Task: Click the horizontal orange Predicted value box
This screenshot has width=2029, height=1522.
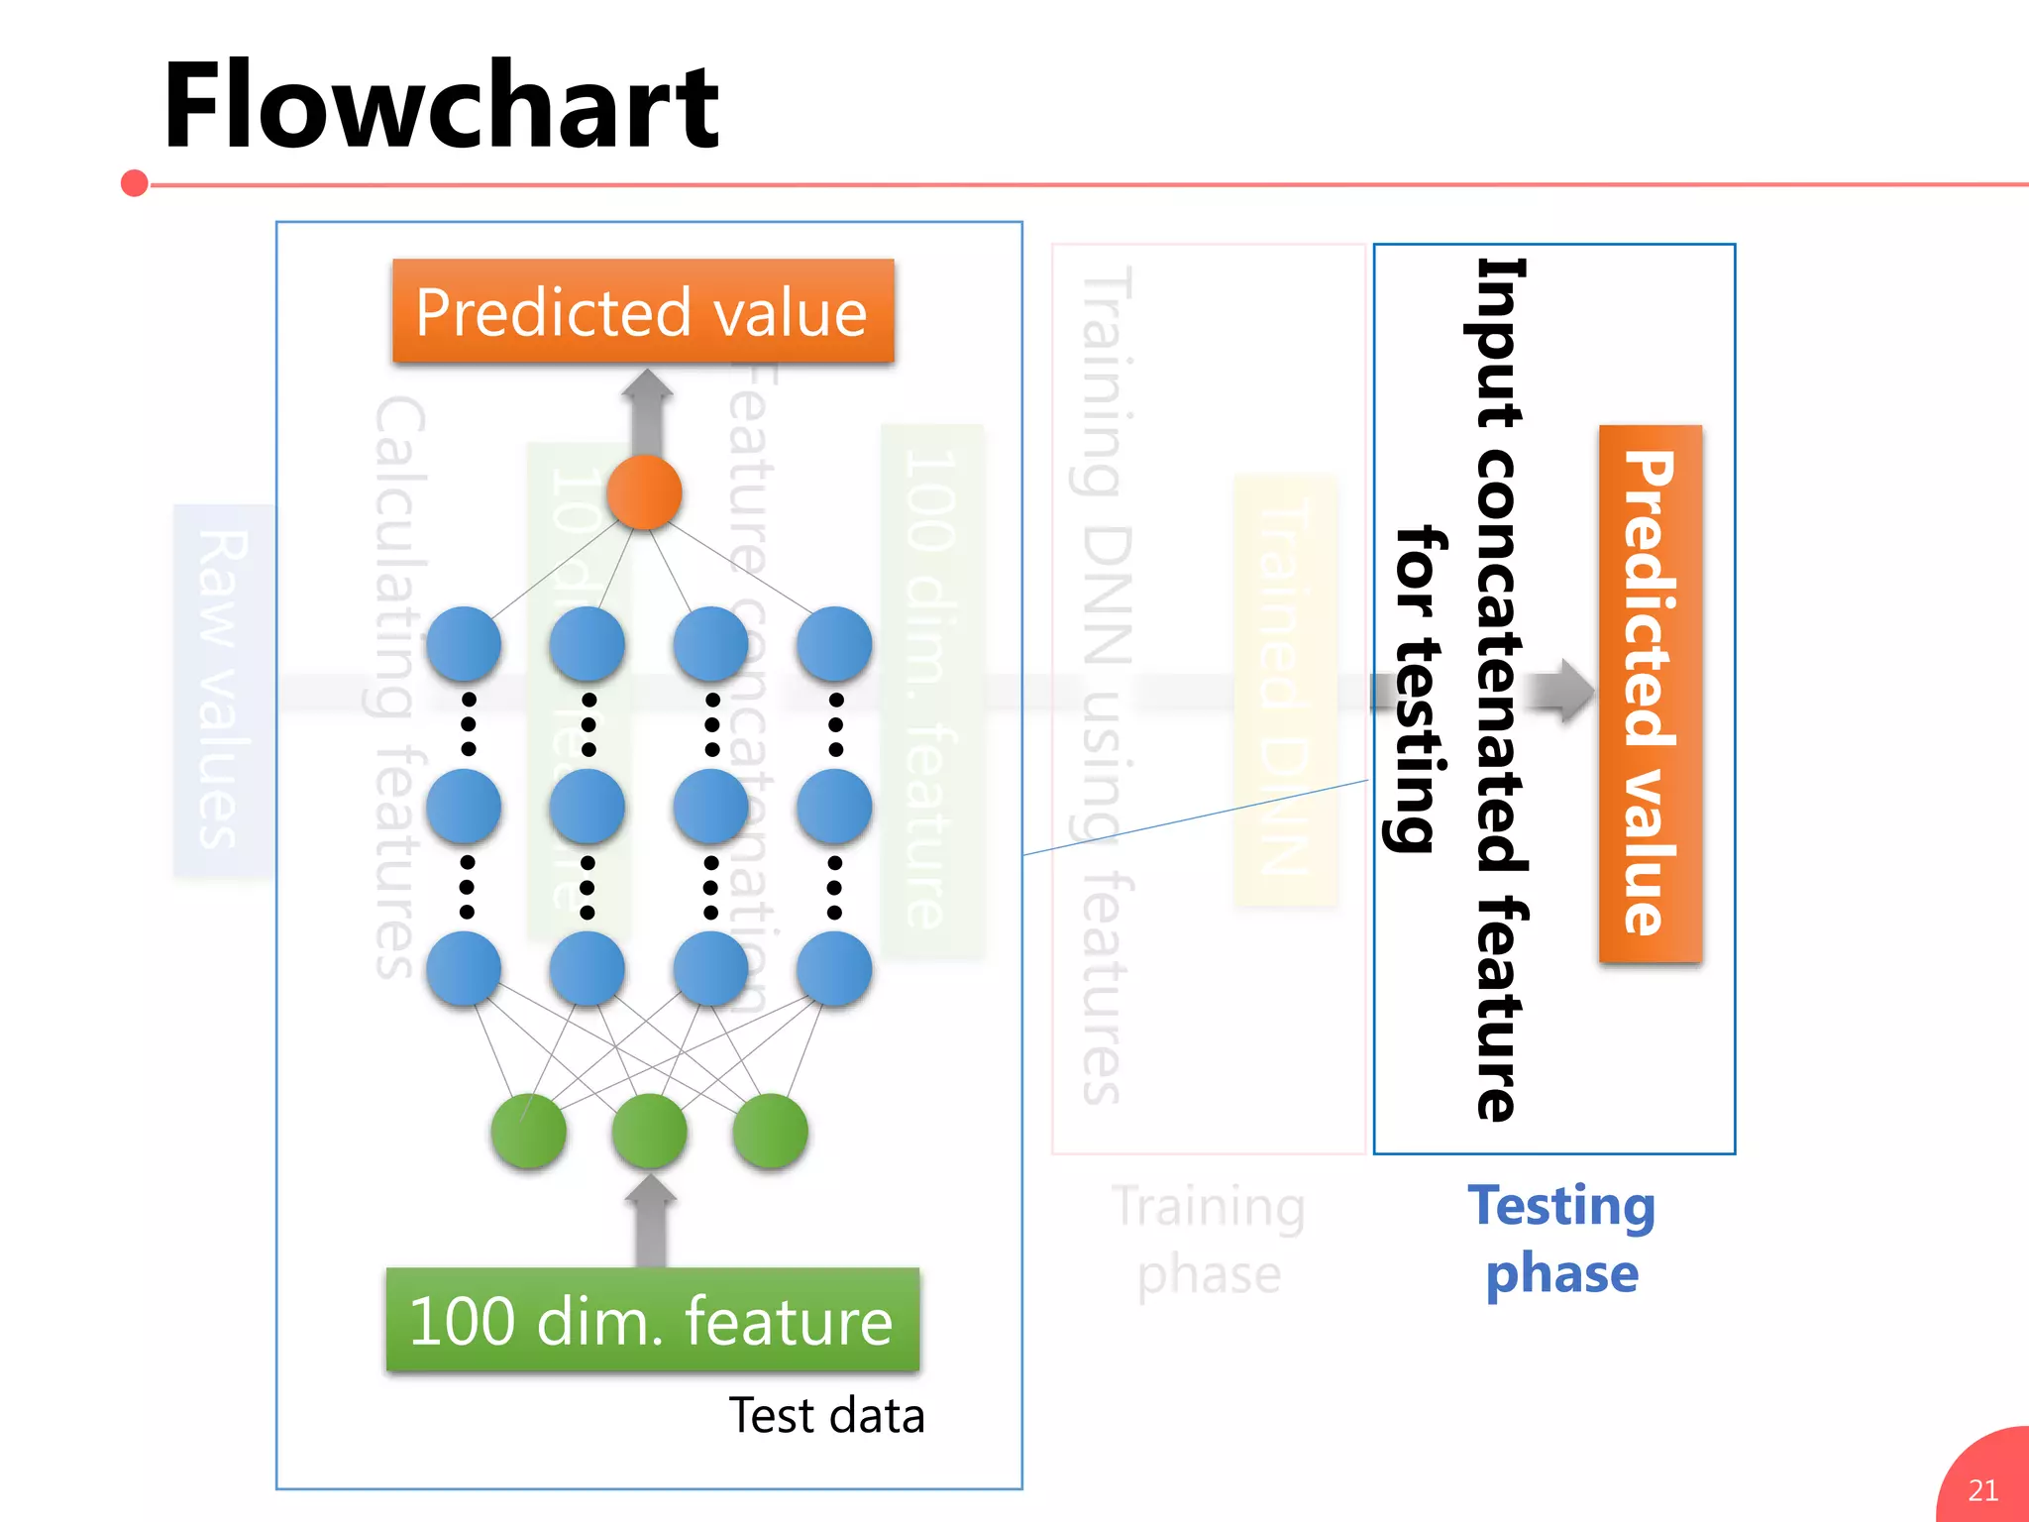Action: click(x=643, y=311)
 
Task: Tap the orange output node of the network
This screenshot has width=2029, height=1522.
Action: click(x=644, y=492)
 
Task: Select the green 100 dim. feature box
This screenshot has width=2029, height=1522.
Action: click(x=652, y=1320)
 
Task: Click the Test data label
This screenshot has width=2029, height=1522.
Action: click(x=826, y=1415)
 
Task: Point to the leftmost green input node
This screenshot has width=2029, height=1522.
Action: click(x=528, y=1131)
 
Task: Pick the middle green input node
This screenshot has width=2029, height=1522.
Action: click(x=649, y=1131)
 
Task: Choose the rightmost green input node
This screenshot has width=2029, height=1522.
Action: click(x=770, y=1131)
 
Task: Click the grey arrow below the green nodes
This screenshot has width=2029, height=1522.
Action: click(x=651, y=1220)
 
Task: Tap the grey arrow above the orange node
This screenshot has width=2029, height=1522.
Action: click(x=647, y=411)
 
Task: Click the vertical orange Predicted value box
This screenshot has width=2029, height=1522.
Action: click(x=1651, y=693)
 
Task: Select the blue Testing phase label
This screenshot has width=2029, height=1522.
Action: click(x=1561, y=1239)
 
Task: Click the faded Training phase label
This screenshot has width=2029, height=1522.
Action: click(x=1209, y=1239)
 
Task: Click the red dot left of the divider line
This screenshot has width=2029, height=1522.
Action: click(x=135, y=183)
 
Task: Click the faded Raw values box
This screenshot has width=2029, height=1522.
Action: click(x=223, y=690)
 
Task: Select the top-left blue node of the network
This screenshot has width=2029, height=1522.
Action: click(x=464, y=644)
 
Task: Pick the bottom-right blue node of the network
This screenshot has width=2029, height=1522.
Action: click(x=834, y=968)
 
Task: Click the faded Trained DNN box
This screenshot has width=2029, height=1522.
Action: click(x=1286, y=690)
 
